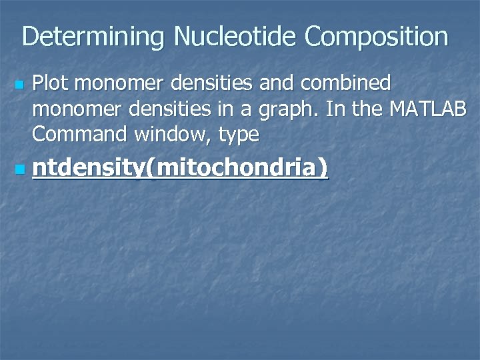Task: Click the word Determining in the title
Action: [93, 37]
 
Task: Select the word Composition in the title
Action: [377, 37]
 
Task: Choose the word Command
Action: [79, 134]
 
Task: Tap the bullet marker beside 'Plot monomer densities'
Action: [19, 86]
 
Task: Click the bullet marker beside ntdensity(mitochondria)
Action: [19, 171]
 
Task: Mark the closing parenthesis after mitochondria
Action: [323, 169]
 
